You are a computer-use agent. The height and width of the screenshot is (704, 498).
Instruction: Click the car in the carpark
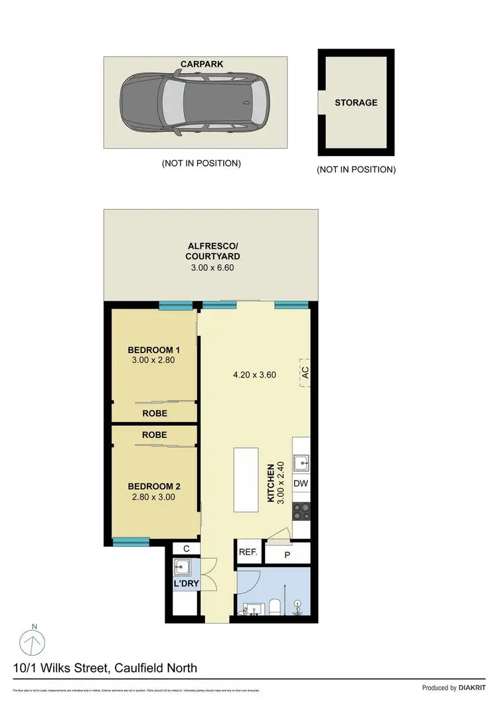[195, 102]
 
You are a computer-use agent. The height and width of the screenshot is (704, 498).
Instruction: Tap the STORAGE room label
[356, 103]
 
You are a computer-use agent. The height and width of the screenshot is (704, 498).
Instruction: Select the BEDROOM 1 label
[153, 350]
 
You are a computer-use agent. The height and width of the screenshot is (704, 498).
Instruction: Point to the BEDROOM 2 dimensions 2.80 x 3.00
[153, 496]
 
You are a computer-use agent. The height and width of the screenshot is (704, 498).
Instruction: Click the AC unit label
[305, 374]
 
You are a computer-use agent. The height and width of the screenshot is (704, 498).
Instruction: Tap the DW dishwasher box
[301, 484]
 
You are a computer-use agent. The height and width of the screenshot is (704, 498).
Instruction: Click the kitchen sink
[301, 462]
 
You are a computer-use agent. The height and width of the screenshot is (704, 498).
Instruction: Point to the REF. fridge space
[248, 551]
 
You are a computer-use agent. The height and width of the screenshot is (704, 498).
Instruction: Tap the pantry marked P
[287, 554]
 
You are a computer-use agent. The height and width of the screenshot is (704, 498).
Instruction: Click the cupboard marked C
[186, 548]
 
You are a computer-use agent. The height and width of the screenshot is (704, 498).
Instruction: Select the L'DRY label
[187, 584]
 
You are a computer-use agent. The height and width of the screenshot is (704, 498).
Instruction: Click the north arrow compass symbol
[34, 640]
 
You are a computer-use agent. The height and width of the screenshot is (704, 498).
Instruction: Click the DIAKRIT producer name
[474, 688]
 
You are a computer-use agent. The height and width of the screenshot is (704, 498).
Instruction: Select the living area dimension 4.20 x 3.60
[254, 374]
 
